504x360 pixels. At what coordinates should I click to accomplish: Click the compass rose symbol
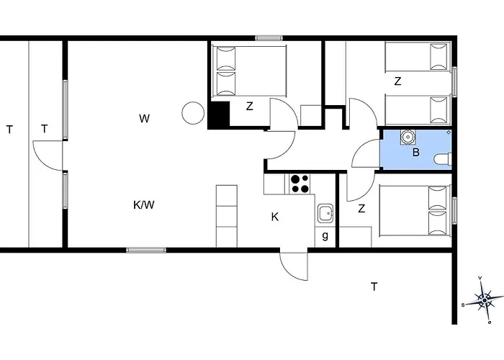click(x=484, y=300)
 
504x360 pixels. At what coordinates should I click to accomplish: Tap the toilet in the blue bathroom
click(x=443, y=159)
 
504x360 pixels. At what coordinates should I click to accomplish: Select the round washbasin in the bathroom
click(x=408, y=138)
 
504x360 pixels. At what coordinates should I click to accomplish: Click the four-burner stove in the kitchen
click(x=300, y=184)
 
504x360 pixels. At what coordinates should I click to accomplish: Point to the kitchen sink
click(x=326, y=213)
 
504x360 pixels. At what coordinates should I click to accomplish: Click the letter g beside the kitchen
click(x=325, y=236)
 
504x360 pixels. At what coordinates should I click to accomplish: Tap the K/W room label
click(x=144, y=204)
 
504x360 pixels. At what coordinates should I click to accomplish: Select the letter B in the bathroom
click(x=416, y=152)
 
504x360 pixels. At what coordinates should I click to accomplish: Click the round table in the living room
click(x=193, y=113)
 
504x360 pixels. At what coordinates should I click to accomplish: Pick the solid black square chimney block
click(x=219, y=114)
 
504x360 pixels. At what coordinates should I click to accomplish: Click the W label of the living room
click(x=145, y=118)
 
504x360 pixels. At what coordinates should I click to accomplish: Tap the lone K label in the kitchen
click(x=275, y=217)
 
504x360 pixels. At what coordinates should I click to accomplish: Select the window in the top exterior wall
click(x=269, y=38)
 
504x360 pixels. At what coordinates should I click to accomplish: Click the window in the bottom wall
click(x=146, y=250)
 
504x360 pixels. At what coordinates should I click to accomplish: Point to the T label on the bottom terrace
click(x=374, y=287)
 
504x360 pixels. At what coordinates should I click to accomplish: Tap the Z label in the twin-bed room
click(x=397, y=81)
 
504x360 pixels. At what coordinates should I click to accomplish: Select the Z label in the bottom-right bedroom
click(x=361, y=209)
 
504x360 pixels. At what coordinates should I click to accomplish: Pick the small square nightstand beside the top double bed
click(x=311, y=116)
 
